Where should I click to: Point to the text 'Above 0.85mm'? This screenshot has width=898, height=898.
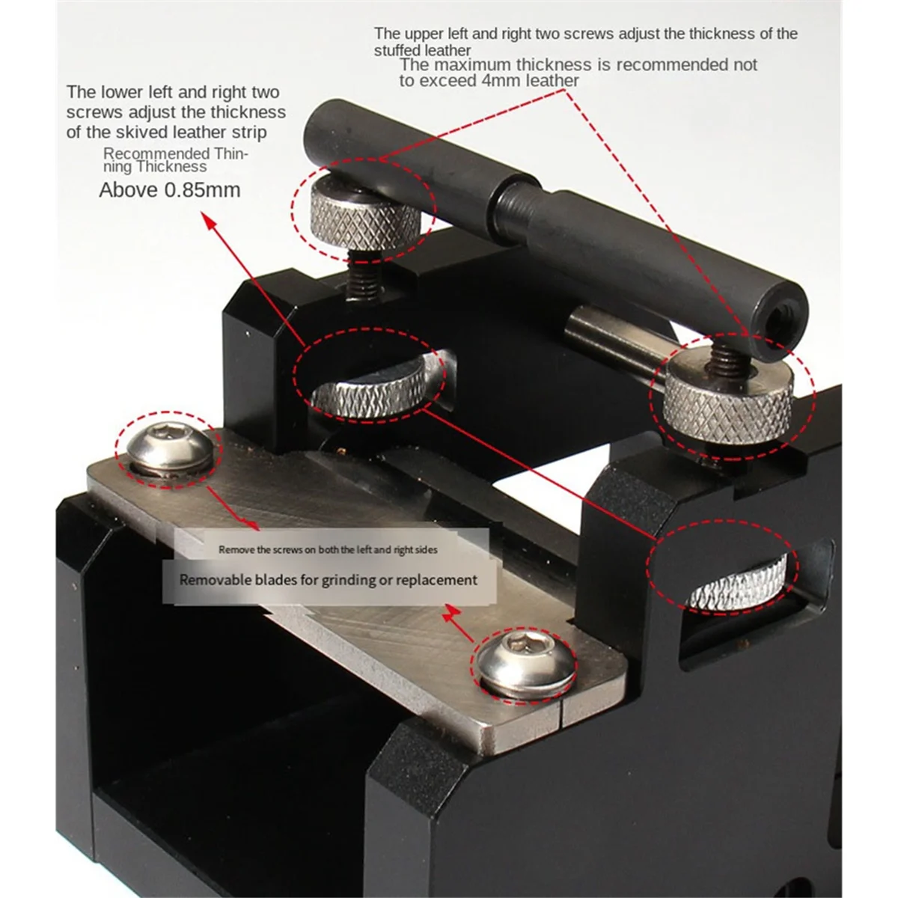click(x=170, y=190)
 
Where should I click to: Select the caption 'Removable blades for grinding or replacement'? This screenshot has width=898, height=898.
click(x=328, y=580)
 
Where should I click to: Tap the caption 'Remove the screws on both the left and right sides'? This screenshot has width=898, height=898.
click(x=328, y=549)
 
